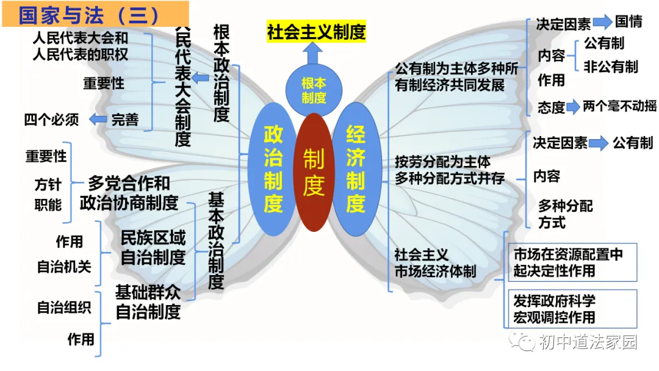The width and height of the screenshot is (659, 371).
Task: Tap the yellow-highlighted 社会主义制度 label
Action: point(316,32)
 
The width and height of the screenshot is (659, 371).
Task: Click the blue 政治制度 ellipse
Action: point(273,169)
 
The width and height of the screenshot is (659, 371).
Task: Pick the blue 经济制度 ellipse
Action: point(355,169)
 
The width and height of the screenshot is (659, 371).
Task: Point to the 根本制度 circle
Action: point(314,90)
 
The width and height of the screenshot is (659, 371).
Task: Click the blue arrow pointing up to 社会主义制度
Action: point(314,54)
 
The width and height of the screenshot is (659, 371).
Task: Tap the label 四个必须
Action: point(52,120)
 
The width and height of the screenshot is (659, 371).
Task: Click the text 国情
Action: point(628,22)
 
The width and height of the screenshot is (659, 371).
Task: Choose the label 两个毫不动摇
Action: point(619,106)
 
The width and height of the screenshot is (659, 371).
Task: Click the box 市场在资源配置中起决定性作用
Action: point(572,262)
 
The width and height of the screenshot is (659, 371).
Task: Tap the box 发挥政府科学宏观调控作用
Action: point(572,309)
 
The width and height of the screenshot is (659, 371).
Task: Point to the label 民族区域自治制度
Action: point(153,247)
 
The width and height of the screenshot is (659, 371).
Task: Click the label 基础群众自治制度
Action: point(148,302)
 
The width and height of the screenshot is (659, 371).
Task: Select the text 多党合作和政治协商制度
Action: point(129,193)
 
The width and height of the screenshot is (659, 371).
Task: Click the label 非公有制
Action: point(611,67)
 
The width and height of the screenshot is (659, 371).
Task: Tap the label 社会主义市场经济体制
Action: point(434,262)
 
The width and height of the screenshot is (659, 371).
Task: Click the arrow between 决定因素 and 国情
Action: point(603,23)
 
